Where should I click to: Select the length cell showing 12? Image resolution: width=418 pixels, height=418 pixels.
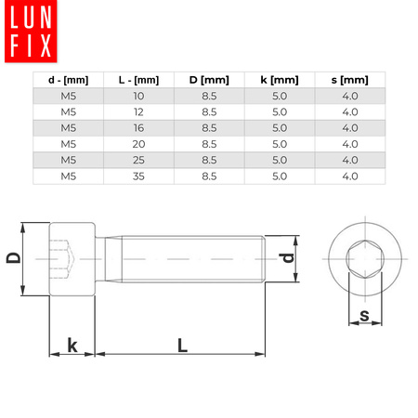tap(139, 112)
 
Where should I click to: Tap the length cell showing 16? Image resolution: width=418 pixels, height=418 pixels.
tap(139, 128)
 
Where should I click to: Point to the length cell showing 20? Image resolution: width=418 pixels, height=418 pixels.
tap(139, 144)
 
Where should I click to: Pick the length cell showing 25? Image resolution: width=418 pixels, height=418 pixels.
tap(139, 160)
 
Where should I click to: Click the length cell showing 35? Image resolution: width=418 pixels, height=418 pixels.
tap(139, 176)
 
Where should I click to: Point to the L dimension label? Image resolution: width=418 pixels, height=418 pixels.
tap(183, 345)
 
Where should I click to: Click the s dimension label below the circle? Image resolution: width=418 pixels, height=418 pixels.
tap(364, 316)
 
